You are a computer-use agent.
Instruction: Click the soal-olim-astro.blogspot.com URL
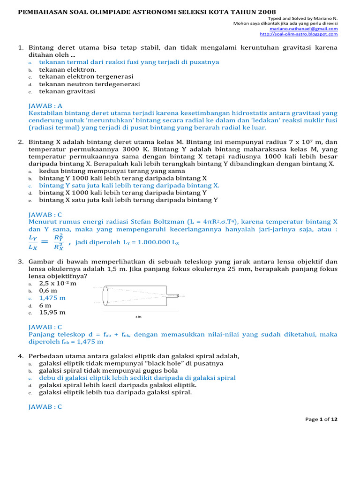[x=299, y=34]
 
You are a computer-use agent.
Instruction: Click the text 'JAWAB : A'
[x=45, y=106]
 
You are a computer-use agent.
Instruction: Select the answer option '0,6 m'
[x=48, y=291]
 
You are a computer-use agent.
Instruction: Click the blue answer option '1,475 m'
[x=52, y=298]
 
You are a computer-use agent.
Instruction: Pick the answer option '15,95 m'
[x=52, y=312]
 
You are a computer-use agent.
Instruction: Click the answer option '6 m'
[x=45, y=305]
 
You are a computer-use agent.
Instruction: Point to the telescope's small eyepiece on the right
[x=177, y=295]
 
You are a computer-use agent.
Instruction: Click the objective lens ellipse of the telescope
[x=105, y=295]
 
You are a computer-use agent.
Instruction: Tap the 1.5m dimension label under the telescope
[x=138, y=316]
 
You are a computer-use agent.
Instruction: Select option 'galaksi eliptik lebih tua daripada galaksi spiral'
[x=115, y=392]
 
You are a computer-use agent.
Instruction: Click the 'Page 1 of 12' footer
[x=321, y=420]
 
